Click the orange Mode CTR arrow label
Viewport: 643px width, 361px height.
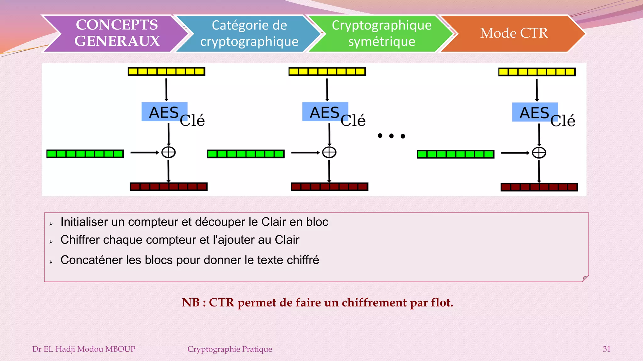coord(514,33)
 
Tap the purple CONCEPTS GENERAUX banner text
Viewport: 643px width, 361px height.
coord(117,33)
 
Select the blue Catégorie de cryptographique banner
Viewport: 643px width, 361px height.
coord(249,33)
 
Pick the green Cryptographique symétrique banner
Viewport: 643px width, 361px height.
coord(381,33)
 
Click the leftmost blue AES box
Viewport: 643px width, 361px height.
coord(164,112)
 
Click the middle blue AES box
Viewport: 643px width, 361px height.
coord(325,112)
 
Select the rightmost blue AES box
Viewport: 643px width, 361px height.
coord(535,112)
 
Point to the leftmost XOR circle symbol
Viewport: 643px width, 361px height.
coord(169,152)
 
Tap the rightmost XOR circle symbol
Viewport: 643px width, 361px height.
coord(539,153)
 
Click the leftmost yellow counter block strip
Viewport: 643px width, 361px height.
coord(166,71)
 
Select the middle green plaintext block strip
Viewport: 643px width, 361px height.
coord(246,154)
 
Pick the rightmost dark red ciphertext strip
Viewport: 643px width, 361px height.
coord(539,187)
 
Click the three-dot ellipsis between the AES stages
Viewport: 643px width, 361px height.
coord(391,136)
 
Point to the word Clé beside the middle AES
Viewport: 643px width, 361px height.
coord(353,121)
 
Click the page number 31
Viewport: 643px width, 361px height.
coord(606,349)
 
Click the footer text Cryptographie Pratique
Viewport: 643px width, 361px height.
coord(230,349)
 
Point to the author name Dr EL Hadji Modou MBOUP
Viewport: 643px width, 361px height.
coord(84,349)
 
